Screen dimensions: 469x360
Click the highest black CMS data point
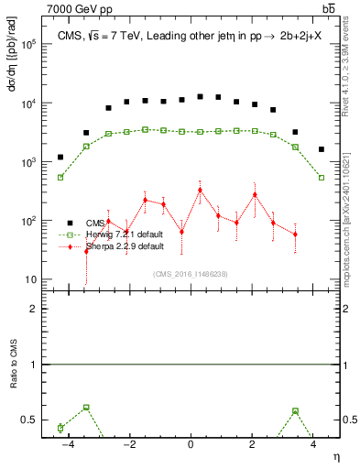pyautogui.click(x=200, y=95)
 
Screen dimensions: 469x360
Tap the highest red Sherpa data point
pyautogui.click(x=200, y=191)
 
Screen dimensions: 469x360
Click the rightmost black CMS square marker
pyautogui.click(x=322, y=149)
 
